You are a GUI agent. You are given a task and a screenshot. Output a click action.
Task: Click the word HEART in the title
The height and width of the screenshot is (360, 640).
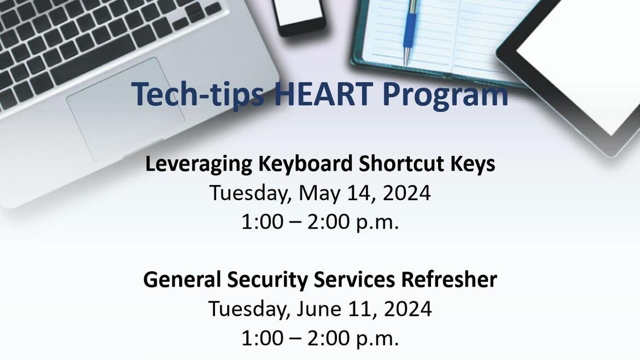coord(322,94)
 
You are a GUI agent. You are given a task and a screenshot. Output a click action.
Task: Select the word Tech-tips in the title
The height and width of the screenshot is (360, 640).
coord(197,96)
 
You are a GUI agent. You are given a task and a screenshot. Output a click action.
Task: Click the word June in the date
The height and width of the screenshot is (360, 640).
coord(318,309)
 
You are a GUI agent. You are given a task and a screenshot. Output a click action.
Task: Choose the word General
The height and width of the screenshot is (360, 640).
coord(182,280)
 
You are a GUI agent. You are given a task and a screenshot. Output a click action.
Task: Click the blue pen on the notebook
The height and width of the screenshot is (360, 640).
coord(410,31)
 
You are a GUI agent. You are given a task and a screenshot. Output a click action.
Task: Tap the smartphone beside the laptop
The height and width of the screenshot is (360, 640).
coord(299,15)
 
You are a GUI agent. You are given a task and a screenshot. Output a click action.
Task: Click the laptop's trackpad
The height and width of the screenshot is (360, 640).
coord(126,109)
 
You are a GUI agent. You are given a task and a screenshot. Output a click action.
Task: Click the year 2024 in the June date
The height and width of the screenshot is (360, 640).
coord(408,309)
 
